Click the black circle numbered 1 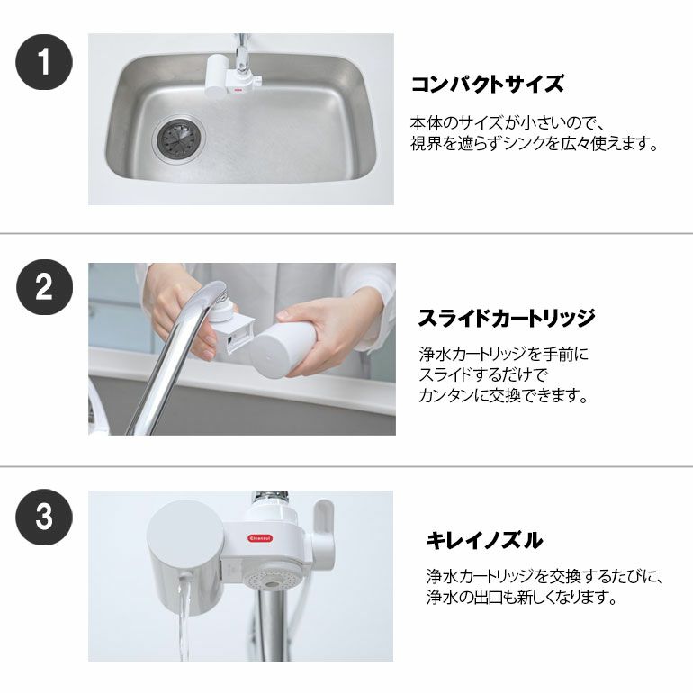tap(44, 62)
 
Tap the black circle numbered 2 tap(44, 287)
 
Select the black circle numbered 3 tap(44, 517)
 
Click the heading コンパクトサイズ tap(488, 84)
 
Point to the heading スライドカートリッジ tap(507, 318)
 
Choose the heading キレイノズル tap(485, 540)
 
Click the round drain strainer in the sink tap(178, 139)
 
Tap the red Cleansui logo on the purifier tap(260, 538)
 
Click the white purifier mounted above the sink tap(230, 76)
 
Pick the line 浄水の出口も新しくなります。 tap(522, 597)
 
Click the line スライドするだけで tap(483, 374)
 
